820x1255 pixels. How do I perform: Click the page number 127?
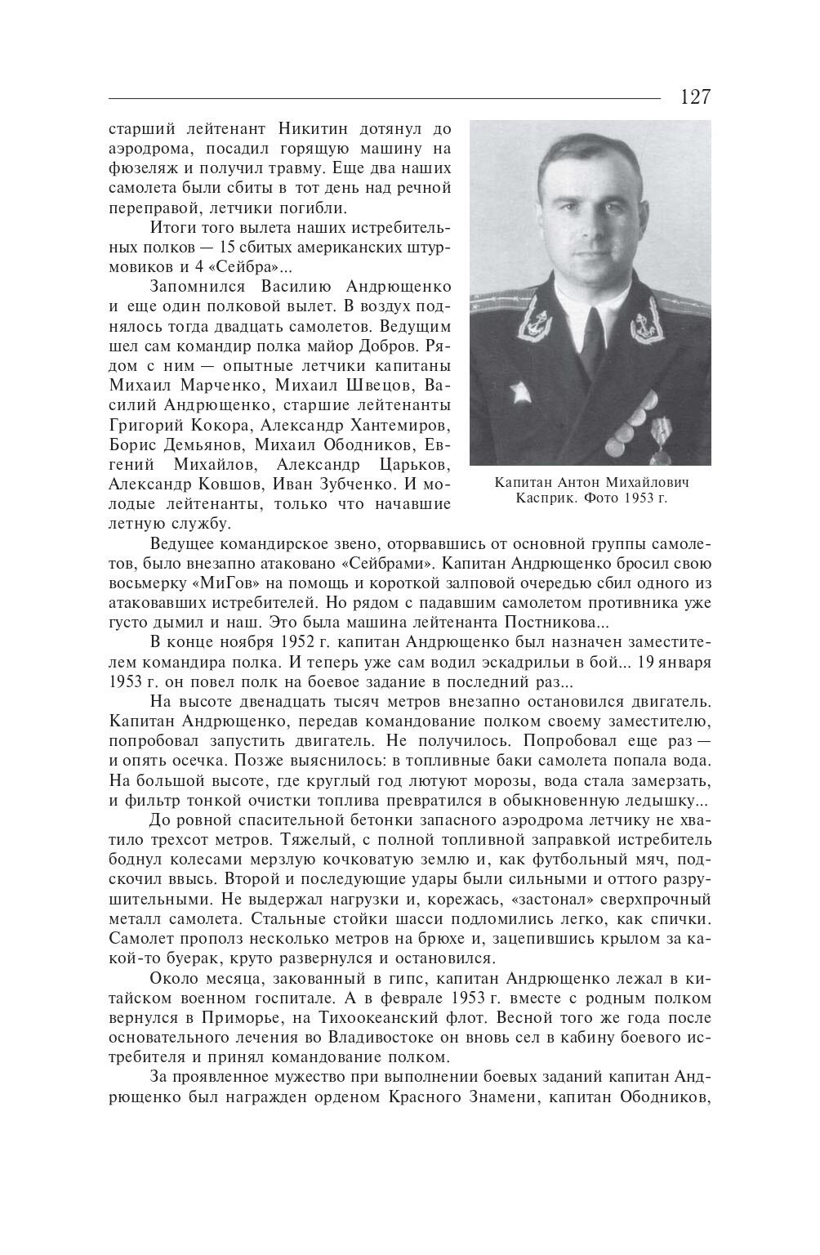pos(695,97)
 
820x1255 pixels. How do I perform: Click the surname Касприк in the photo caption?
pos(541,498)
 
